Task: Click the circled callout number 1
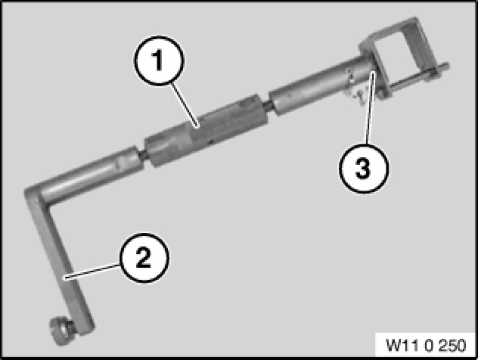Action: coord(159,60)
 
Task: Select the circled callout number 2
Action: coord(144,257)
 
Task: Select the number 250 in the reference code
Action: coord(451,345)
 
